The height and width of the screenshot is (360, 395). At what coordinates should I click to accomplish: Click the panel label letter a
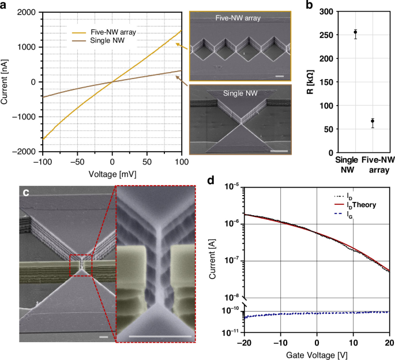pyautogui.click(x=3, y=5)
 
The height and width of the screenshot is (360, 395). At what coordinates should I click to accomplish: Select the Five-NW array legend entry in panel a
pyautogui.click(x=104, y=32)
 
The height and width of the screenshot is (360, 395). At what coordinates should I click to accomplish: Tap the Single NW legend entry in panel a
pyautogui.click(x=98, y=40)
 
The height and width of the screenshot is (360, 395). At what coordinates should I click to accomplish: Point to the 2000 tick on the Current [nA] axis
pyautogui.click(x=26, y=12)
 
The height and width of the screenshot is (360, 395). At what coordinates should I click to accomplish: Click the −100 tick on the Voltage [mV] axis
pyautogui.click(x=43, y=162)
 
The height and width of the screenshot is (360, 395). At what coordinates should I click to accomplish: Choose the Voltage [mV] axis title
pyautogui.click(x=112, y=174)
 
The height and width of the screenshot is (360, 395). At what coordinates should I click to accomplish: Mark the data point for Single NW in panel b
pyautogui.click(x=355, y=32)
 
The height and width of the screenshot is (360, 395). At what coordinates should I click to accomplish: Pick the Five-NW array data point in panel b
pyautogui.click(x=373, y=121)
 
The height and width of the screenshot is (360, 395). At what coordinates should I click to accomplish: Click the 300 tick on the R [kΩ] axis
pyautogui.click(x=326, y=12)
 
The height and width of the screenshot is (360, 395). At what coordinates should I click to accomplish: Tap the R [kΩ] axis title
pyautogui.click(x=310, y=82)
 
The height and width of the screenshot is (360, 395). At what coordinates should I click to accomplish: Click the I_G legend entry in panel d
pyautogui.click(x=343, y=214)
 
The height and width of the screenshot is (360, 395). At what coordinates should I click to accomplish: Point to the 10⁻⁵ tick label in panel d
pyautogui.click(x=232, y=187)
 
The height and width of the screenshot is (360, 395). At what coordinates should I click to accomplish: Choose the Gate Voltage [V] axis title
pyautogui.click(x=317, y=355)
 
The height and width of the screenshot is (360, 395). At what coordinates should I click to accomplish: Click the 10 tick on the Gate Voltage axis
pyautogui.click(x=353, y=343)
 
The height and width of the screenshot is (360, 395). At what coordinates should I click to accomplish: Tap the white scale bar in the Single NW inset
pyautogui.click(x=279, y=151)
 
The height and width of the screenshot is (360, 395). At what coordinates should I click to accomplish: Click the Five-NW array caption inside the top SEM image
pyautogui.click(x=238, y=18)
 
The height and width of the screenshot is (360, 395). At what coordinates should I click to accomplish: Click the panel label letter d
pyautogui.click(x=210, y=181)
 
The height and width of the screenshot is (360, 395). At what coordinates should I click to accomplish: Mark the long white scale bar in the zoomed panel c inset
pyautogui.click(x=160, y=336)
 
